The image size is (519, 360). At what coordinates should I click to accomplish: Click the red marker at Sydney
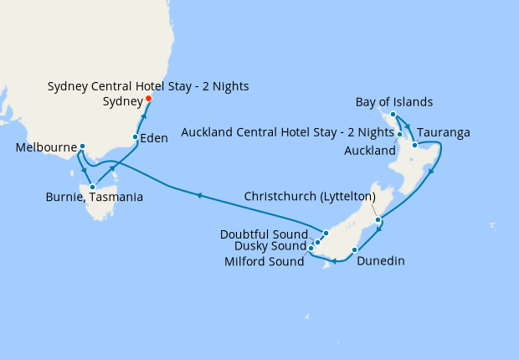(x=149, y=99)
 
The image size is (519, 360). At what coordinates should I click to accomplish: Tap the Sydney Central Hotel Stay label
(x=148, y=86)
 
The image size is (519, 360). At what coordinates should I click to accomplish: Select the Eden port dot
(x=136, y=136)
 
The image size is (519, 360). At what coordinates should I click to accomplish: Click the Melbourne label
(x=45, y=147)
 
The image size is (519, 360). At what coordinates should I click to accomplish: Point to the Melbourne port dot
(x=82, y=147)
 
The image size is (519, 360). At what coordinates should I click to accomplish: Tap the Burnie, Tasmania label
(x=94, y=198)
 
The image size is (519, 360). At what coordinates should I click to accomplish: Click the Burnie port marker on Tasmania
(x=92, y=187)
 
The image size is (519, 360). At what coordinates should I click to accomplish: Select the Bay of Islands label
(x=393, y=102)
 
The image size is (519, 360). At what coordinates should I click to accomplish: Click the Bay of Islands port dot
(x=393, y=114)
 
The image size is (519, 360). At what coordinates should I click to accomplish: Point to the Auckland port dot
(x=400, y=135)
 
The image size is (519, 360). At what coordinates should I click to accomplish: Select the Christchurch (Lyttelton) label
(x=309, y=196)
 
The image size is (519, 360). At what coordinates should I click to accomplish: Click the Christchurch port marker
(x=379, y=220)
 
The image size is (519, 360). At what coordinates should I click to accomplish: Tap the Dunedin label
(x=380, y=261)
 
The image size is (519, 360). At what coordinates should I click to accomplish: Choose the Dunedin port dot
(x=355, y=249)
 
